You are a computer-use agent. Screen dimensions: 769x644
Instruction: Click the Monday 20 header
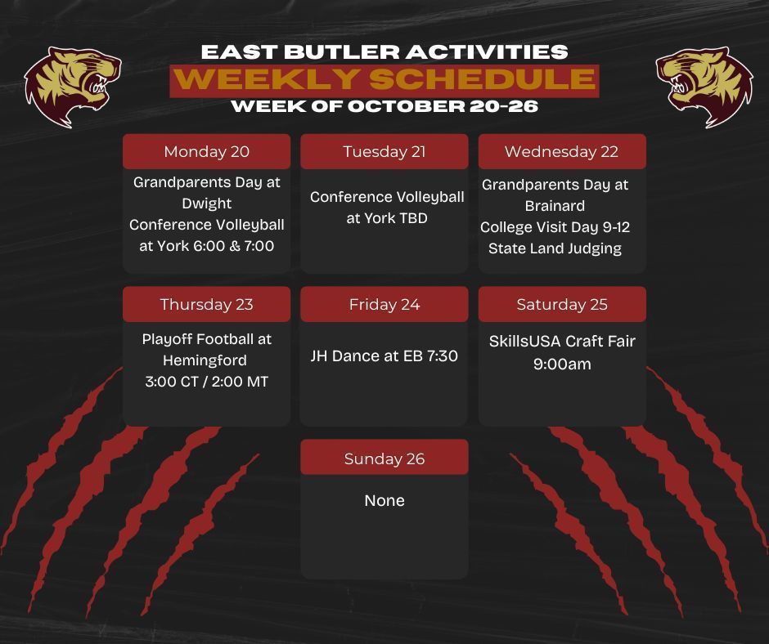(206, 151)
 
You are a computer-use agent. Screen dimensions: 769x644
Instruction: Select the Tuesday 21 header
(384, 151)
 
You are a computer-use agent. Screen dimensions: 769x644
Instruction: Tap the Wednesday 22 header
(562, 151)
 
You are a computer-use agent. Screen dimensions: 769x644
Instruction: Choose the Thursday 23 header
(206, 304)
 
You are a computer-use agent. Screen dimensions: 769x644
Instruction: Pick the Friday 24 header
(384, 304)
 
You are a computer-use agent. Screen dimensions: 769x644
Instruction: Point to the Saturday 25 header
(562, 304)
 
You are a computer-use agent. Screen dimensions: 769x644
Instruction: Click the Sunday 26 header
(384, 458)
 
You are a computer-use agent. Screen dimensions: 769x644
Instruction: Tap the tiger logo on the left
(73, 87)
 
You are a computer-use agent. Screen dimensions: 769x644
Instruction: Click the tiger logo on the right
(704, 87)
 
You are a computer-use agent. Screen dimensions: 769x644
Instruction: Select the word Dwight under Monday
(206, 203)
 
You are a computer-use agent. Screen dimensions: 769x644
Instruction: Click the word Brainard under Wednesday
(555, 206)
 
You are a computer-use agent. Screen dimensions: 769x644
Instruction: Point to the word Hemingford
(205, 360)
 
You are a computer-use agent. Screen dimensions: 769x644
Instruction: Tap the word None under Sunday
(384, 500)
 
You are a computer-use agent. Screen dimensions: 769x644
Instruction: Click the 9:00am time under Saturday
(562, 364)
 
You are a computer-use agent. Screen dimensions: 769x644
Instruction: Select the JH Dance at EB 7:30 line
(384, 356)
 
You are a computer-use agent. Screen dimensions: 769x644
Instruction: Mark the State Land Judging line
(555, 248)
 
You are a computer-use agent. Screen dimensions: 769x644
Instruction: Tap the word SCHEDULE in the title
(483, 79)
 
